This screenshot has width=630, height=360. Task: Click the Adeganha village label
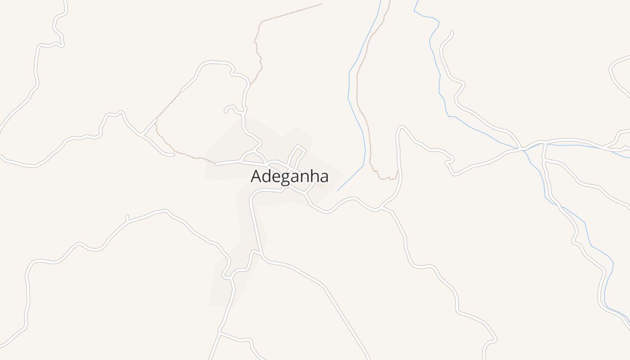[289, 176]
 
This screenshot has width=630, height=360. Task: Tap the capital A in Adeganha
[256, 176]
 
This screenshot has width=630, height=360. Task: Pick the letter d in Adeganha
[267, 175]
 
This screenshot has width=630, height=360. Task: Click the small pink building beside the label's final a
[320, 185]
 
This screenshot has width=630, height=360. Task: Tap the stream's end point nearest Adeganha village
[337, 191]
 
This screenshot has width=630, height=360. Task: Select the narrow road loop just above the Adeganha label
[297, 155]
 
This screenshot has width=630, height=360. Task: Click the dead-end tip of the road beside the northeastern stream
[452, 31]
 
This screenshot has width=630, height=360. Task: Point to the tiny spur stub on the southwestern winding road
[127, 216]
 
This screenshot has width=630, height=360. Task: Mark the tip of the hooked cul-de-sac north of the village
[225, 111]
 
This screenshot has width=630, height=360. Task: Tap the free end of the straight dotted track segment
[322, 4]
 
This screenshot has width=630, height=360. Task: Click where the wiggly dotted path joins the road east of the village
[398, 171]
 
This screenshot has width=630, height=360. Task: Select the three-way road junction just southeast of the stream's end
[381, 209]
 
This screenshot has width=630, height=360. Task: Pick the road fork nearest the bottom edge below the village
[220, 333]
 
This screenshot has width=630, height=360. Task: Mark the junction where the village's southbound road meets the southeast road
[262, 258]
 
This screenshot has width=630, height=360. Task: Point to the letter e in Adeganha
[276, 177]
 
